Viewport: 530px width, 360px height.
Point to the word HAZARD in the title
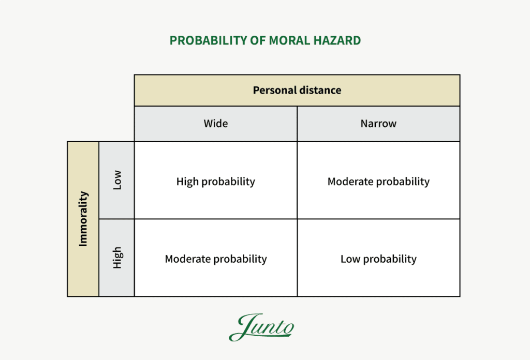(x=337, y=40)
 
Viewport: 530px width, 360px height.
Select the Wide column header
(x=215, y=124)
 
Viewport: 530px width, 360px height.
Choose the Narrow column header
(x=378, y=124)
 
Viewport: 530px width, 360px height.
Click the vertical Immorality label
(x=83, y=219)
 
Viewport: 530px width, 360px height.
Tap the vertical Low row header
(x=117, y=180)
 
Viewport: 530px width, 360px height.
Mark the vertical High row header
(x=117, y=257)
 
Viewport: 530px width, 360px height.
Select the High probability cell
(x=215, y=182)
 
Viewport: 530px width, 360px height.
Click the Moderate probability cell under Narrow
(x=378, y=182)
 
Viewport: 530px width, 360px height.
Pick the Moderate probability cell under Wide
(x=215, y=259)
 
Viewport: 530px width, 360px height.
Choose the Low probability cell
(x=378, y=259)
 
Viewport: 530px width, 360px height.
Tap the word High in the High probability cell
(x=187, y=182)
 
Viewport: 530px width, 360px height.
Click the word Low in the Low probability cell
(x=350, y=259)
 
